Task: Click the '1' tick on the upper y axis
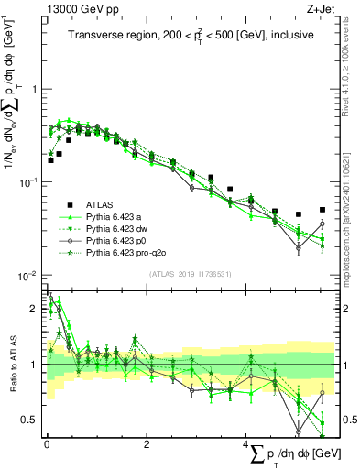(x=34, y=90)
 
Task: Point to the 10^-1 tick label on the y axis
(x=30, y=182)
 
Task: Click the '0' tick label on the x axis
(x=47, y=443)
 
